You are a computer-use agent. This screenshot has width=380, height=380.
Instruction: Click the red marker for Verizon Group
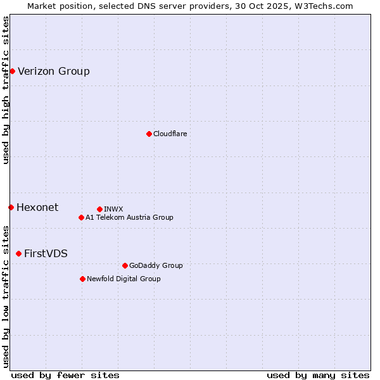12,71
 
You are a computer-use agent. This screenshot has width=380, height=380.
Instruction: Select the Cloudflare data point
149,134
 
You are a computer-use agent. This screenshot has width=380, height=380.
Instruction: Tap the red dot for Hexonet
11,207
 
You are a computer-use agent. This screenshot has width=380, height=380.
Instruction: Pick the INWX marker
99,209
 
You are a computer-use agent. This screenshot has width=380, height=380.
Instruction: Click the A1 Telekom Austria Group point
81,217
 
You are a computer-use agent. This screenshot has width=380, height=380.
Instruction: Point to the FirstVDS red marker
18,253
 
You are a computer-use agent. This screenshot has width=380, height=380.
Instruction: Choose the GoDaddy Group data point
125,265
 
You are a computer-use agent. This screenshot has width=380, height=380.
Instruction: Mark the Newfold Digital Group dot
82,279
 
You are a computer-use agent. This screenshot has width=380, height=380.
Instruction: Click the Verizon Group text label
54,71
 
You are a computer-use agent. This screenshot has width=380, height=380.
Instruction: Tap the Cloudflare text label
170,134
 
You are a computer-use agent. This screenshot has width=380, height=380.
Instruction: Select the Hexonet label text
37,207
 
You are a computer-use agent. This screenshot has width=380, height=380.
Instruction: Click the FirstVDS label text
46,253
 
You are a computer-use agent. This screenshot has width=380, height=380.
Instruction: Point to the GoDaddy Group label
156,265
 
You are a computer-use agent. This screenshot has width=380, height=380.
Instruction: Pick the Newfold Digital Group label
123,279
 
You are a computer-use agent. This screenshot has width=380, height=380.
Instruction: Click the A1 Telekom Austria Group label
129,217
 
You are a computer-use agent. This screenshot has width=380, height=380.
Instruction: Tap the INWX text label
113,209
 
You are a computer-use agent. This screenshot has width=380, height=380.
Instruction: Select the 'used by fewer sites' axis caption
65,375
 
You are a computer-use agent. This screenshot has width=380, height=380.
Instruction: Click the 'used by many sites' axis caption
318,375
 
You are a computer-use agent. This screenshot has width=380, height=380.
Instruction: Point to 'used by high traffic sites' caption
6,90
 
